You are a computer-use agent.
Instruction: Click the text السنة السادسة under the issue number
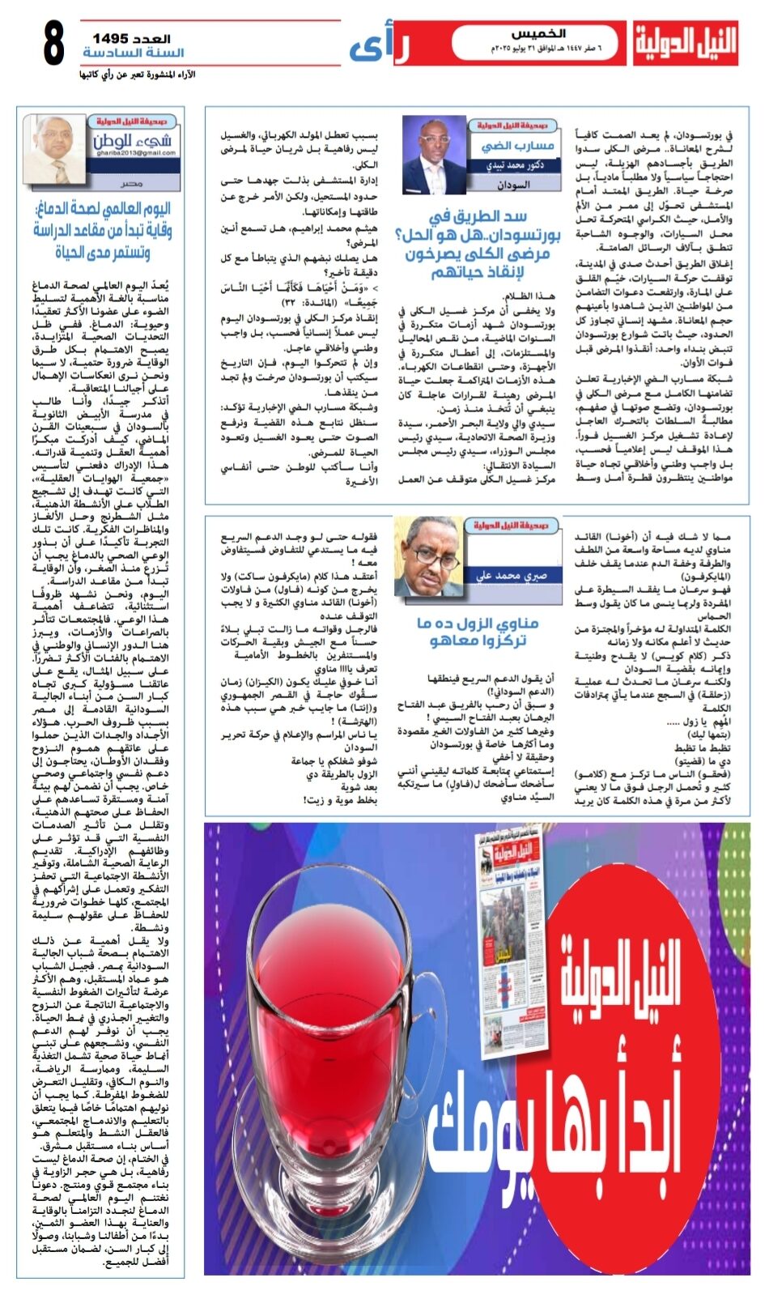134,53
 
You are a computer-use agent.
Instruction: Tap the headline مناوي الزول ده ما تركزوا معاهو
478,632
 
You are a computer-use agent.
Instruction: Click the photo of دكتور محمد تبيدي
434,155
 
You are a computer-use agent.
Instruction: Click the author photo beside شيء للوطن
56,148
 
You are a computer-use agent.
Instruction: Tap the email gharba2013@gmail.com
134,152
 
